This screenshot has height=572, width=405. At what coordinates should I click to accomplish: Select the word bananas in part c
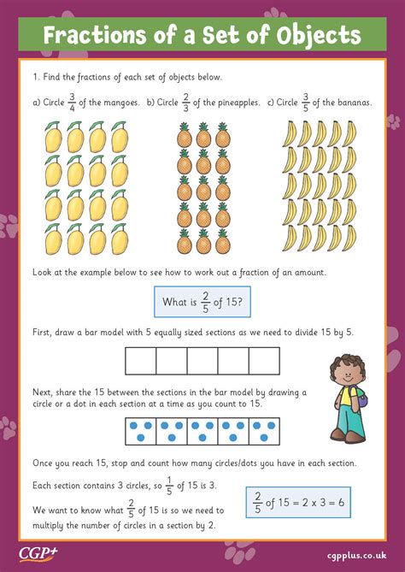coord(350,103)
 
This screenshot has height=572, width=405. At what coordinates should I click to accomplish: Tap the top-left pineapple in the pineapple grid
coord(184,134)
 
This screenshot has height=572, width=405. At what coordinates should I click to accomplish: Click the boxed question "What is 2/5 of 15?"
coord(202,301)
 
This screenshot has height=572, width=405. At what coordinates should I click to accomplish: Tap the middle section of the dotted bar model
coord(202,432)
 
